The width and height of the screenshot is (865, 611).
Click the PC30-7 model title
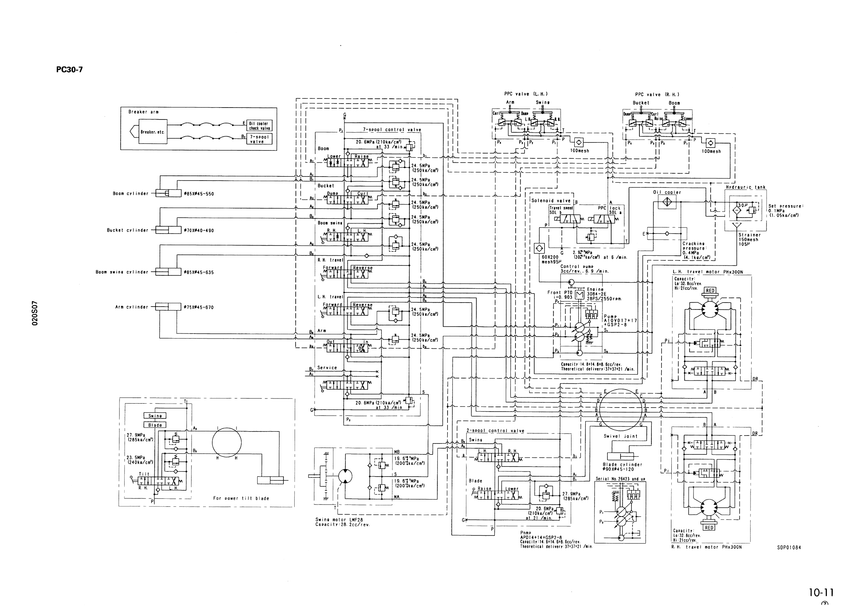click(x=69, y=70)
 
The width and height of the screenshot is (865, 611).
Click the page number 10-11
click(x=821, y=592)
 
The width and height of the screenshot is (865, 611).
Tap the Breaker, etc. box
click(x=153, y=132)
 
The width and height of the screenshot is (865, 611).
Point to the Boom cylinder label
click(x=130, y=194)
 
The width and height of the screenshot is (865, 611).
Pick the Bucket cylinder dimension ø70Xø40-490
click(x=199, y=231)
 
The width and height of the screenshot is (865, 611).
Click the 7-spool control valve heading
click(x=392, y=130)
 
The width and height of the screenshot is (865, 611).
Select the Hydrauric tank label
click(x=745, y=187)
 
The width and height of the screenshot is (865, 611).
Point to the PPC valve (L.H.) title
click(x=526, y=94)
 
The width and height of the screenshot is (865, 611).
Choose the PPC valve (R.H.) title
click(x=657, y=94)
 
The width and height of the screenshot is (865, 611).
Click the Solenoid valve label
click(x=551, y=201)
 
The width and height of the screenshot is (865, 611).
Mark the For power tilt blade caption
click(x=241, y=498)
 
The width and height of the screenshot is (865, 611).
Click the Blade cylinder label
click(x=622, y=465)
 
